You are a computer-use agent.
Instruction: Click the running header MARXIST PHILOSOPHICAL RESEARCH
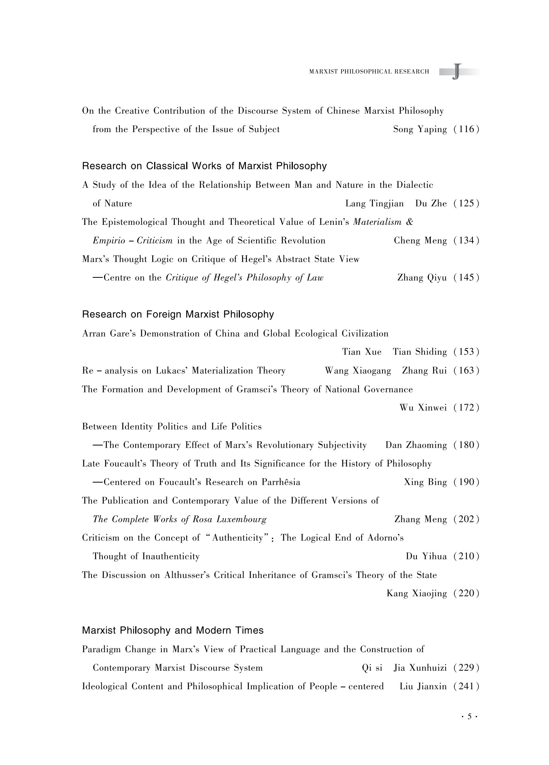pyautogui.click(x=369, y=71)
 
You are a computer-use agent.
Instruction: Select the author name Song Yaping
pyautogui.click(x=420, y=129)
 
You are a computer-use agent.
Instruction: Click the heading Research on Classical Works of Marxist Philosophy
pyautogui.click(x=204, y=166)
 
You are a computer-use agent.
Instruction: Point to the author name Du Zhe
pyautogui.click(x=431, y=204)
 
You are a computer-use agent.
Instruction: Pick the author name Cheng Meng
pyautogui.click(x=420, y=241)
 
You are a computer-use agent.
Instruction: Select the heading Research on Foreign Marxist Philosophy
pyautogui.click(x=178, y=314)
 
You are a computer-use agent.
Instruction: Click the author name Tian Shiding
pyautogui.click(x=420, y=352)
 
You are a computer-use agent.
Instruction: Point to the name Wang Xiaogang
pyautogui.click(x=358, y=371)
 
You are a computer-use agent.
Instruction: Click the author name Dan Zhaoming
pyautogui.click(x=416, y=445)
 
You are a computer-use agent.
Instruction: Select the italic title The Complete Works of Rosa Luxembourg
pyautogui.click(x=180, y=519)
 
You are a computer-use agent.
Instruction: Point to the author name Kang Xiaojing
pyautogui.click(x=416, y=593)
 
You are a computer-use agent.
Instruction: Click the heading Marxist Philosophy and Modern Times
pyautogui.click(x=173, y=631)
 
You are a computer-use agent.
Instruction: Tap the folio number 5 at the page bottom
pyautogui.click(x=469, y=717)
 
